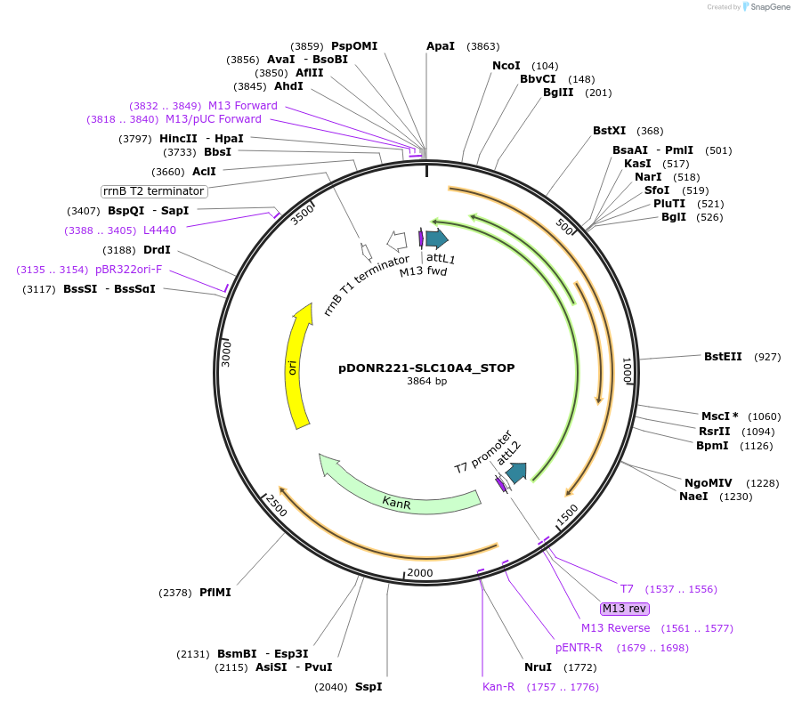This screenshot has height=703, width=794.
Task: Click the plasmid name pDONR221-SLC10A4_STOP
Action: click(x=426, y=368)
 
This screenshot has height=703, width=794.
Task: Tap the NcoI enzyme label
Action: click(x=506, y=66)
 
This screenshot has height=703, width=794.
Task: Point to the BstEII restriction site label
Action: click(x=723, y=357)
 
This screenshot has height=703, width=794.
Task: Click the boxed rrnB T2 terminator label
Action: click(x=154, y=191)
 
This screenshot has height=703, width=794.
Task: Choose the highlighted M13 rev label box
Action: click(x=625, y=609)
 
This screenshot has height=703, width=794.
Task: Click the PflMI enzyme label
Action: click(x=215, y=593)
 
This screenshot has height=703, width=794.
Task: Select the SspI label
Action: click(x=369, y=687)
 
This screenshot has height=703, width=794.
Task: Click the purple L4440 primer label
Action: click(x=159, y=230)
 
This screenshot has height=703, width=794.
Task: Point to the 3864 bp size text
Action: click(x=426, y=382)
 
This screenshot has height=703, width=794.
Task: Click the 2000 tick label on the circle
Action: click(x=419, y=573)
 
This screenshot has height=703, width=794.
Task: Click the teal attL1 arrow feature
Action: click(x=436, y=238)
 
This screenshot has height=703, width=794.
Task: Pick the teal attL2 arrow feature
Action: click(x=516, y=473)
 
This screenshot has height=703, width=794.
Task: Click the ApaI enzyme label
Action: click(x=441, y=46)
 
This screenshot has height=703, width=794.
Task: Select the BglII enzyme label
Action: click(x=558, y=93)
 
